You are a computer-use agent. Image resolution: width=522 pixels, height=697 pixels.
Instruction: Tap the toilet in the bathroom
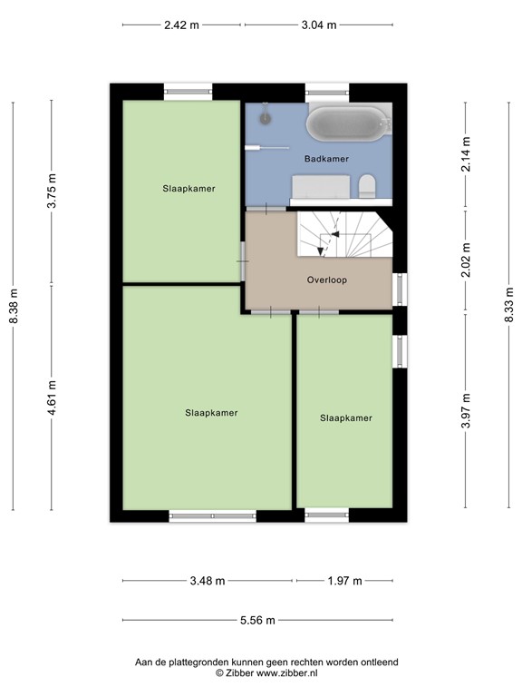(x=367, y=187)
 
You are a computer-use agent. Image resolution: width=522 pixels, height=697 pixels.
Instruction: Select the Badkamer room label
(x=326, y=158)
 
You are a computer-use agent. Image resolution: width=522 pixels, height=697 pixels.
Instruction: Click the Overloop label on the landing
(x=327, y=280)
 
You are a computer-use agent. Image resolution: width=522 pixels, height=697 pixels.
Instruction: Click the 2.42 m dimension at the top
(x=181, y=25)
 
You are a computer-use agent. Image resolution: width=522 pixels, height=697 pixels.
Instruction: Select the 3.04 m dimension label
(x=318, y=25)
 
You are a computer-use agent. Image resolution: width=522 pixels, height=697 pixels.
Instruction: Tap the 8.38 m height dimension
(x=13, y=306)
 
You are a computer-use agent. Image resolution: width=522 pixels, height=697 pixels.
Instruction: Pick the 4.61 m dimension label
(x=52, y=398)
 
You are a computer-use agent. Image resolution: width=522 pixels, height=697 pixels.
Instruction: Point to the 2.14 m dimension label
(x=466, y=154)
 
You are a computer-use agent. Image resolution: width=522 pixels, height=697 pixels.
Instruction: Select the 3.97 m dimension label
(x=466, y=409)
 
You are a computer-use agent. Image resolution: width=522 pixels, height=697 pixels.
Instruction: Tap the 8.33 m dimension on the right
(x=509, y=305)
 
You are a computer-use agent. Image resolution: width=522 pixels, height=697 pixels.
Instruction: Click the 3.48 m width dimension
(x=207, y=582)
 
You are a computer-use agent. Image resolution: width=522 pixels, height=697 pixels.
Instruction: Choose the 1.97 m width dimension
(x=344, y=582)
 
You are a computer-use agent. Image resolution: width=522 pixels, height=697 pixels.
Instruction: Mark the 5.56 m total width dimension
(x=257, y=621)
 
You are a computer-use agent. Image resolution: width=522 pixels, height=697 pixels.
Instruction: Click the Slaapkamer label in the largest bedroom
(x=211, y=413)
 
